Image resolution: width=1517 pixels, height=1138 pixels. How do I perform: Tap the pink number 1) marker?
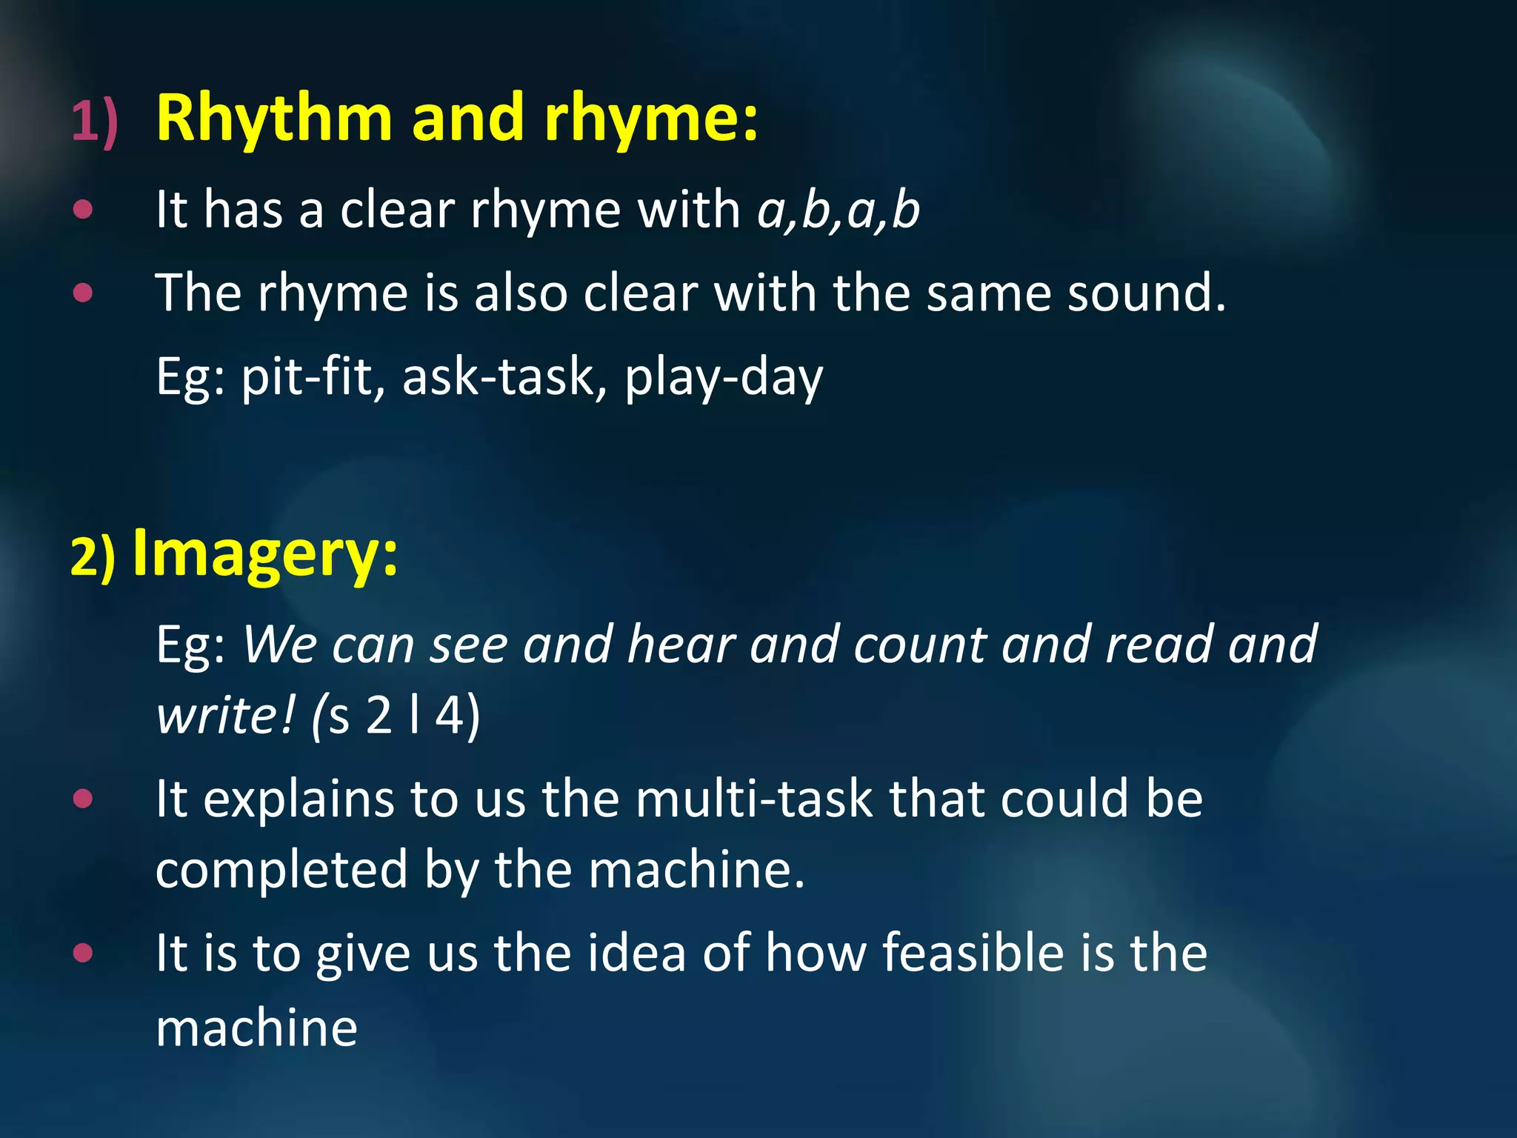[x=95, y=121]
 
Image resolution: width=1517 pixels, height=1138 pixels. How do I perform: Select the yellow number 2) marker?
[x=93, y=556]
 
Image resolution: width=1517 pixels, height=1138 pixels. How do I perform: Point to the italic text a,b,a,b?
[x=838, y=210]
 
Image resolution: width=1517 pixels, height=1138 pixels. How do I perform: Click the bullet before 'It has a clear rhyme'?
[x=84, y=210]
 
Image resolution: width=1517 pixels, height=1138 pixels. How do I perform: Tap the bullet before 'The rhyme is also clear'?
[x=84, y=293]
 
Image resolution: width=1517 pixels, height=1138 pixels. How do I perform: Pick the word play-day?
[x=723, y=377]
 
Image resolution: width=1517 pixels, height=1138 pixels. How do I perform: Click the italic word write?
[x=226, y=716]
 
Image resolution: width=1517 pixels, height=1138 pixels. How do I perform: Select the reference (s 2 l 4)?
[x=396, y=716]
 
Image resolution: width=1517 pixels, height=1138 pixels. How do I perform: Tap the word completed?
[x=281, y=869]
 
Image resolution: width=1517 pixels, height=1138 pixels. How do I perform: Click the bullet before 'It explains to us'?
[x=84, y=799]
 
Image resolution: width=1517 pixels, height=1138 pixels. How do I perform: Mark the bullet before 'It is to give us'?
[x=84, y=953]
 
